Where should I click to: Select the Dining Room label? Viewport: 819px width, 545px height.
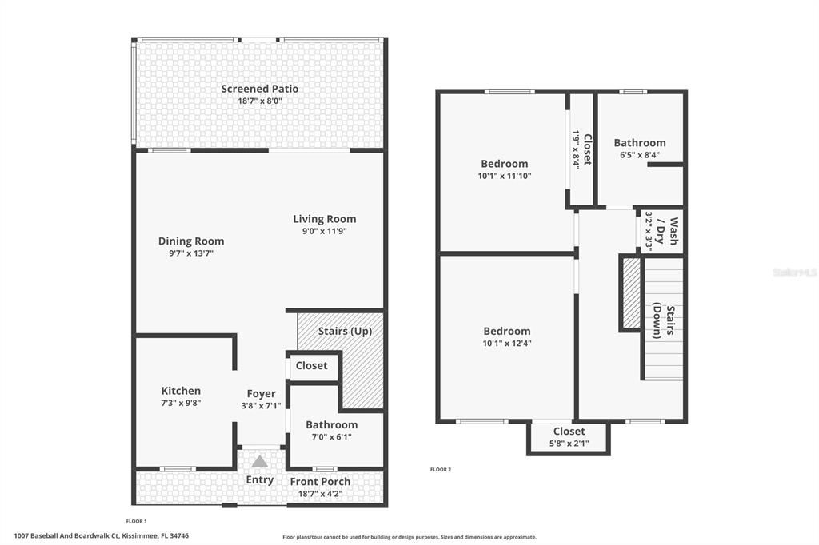pos(191,241)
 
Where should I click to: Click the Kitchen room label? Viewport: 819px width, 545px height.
pos(181,391)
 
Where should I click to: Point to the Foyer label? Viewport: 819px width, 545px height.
pos(261,393)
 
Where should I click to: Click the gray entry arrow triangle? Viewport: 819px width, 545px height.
pos(259,462)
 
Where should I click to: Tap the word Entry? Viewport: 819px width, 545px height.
pos(259,480)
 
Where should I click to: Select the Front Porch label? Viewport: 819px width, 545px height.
pos(320,481)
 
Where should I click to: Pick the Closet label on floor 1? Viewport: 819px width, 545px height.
pos(311,365)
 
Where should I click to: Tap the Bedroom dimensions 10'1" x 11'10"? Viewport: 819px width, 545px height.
pos(504,176)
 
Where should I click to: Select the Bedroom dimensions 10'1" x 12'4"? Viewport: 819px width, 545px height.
pos(506,344)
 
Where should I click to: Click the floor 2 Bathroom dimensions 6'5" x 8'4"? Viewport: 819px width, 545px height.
pos(639,155)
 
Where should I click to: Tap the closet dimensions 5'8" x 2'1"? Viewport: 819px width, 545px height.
pos(569,443)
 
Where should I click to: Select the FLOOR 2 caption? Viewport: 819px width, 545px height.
pos(441,469)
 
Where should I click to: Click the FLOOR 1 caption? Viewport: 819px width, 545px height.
pos(137,521)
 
